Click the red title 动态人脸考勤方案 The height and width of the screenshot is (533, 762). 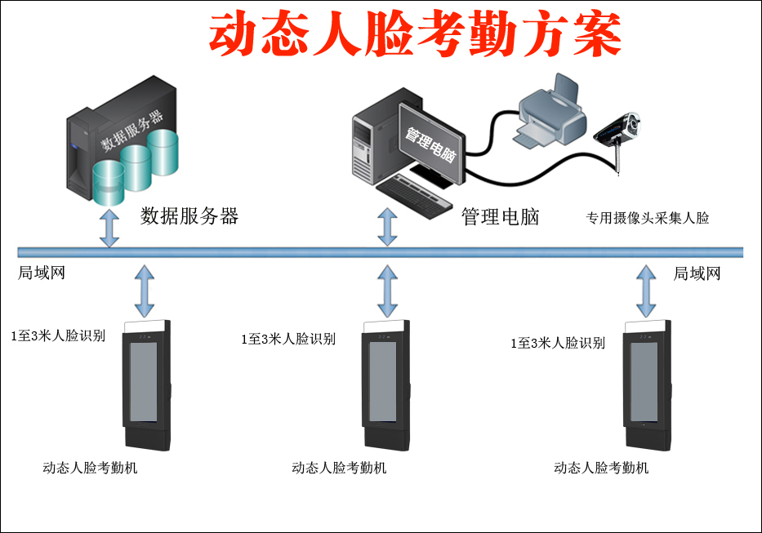coord(415,34)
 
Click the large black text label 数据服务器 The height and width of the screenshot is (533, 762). coord(189,216)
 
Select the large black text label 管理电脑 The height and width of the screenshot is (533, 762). coord(500,217)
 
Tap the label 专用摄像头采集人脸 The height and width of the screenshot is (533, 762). coord(648,218)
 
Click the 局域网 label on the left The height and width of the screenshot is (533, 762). coord(42,273)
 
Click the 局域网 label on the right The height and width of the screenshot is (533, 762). coord(697,273)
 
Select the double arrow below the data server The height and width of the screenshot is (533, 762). coord(109,227)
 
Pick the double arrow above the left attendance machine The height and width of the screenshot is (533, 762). coord(145,291)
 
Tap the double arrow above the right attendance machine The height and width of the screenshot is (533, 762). coord(646,291)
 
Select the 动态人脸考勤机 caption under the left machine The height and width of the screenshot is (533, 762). coord(90,468)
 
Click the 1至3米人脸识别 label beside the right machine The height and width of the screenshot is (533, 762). coord(557,344)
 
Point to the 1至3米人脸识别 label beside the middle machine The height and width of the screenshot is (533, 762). coord(287,340)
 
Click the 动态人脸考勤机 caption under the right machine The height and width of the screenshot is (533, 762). coord(601,468)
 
